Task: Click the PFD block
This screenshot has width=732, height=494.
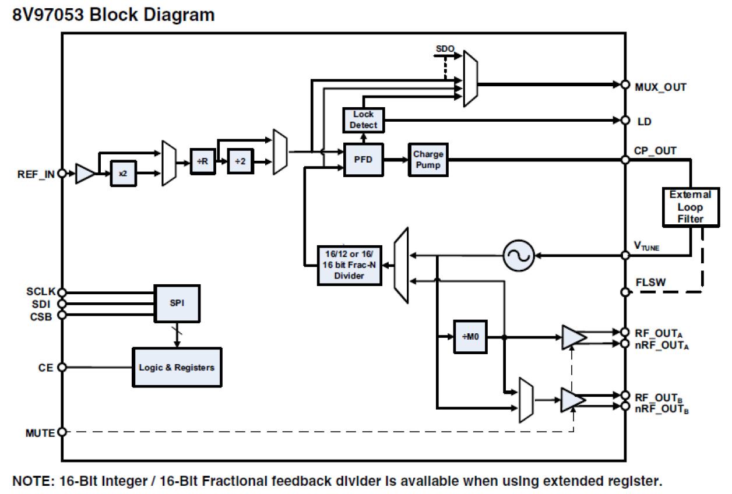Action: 363,160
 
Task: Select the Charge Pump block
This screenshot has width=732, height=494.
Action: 428,160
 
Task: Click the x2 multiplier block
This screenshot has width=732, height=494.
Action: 124,174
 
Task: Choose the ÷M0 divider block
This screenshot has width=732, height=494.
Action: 470,337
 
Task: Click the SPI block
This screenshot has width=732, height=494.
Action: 177,303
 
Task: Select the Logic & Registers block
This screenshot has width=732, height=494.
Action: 177,368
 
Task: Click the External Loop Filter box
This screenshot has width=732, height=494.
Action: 690,207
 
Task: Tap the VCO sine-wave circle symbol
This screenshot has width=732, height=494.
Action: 519,255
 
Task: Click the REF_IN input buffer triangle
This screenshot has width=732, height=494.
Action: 85,174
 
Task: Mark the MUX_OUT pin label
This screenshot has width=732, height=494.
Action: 660,87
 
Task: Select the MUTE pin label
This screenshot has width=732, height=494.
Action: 40,433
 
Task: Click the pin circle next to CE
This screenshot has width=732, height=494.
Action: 62,368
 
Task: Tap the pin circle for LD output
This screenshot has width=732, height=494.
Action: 625,121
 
